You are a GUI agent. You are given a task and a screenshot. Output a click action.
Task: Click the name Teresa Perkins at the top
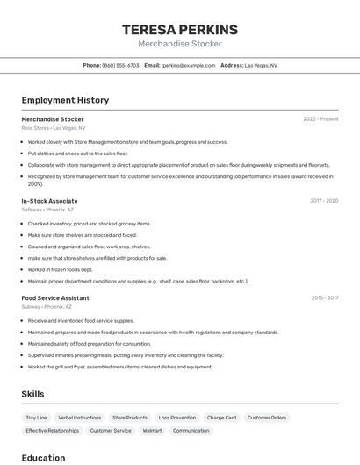(180, 29)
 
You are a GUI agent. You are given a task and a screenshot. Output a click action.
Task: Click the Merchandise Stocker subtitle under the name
(180, 44)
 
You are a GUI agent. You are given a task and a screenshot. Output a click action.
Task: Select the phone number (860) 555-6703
(120, 65)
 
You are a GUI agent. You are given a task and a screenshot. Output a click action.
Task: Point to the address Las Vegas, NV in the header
(261, 65)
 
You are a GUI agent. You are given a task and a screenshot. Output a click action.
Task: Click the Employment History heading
(65, 100)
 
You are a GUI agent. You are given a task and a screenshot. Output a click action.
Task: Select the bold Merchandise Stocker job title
(53, 118)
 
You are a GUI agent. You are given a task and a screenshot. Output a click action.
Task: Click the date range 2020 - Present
(320, 118)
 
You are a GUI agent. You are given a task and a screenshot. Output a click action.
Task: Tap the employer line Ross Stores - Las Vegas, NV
(54, 128)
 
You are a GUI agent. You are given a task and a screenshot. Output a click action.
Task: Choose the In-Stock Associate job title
(49, 201)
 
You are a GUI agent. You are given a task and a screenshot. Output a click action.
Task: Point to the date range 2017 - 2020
(324, 201)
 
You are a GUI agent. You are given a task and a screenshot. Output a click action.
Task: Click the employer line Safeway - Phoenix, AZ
(47, 210)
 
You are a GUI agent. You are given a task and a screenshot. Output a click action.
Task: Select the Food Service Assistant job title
(55, 297)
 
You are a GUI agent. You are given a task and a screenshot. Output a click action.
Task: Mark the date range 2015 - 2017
(325, 297)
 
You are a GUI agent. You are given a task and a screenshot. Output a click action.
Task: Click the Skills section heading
(32, 394)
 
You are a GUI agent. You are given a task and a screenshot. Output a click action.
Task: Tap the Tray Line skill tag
(36, 418)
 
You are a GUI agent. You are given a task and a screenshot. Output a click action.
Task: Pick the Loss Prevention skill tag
(177, 418)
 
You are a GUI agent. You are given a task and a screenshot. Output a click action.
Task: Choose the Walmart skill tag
(152, 431)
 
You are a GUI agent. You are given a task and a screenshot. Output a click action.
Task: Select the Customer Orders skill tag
(266, 418)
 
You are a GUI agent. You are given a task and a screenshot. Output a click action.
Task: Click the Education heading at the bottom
(43, 458)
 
